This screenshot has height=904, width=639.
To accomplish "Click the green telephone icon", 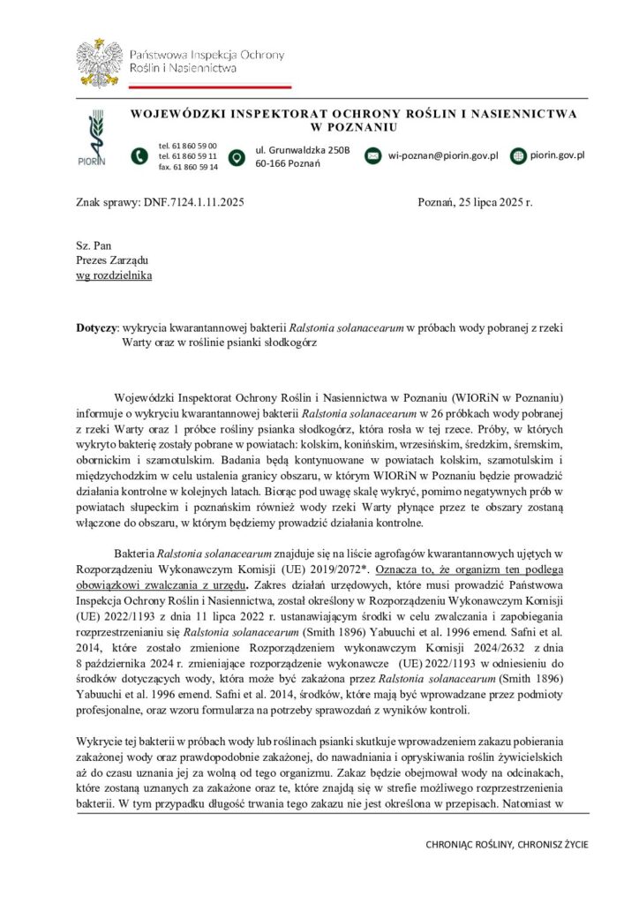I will tap(139, 156).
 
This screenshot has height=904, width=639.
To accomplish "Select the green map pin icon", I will tap(237, 157).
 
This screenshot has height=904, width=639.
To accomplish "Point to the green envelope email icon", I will tap(372, 156).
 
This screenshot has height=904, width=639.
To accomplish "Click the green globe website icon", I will tap(515, 156).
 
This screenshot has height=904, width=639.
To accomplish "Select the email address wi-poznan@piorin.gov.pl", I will tap(444, 156).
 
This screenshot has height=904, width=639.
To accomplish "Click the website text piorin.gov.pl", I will tap(558, 155).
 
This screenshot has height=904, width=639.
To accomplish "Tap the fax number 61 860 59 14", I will tap(188, 167).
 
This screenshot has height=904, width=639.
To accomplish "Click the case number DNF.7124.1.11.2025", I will tap(190, 202).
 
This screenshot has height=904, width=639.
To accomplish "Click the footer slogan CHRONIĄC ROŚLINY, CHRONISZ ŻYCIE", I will tap(507, 845).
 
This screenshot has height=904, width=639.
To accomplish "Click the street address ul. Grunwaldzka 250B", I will tap(303, 150).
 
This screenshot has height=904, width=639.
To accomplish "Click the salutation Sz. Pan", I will tap(94, 245).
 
